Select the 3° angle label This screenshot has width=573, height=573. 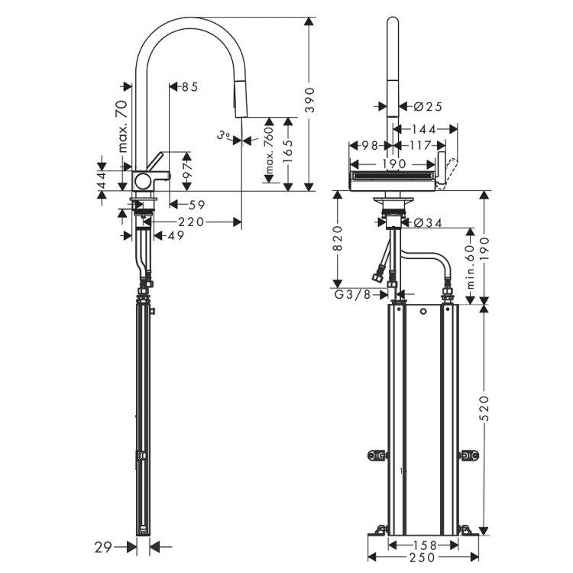coord(223,136)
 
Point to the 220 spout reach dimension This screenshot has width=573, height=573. coord(192,222)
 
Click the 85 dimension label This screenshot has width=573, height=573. coord(189,86)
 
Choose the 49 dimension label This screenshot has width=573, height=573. coord(176,236)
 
